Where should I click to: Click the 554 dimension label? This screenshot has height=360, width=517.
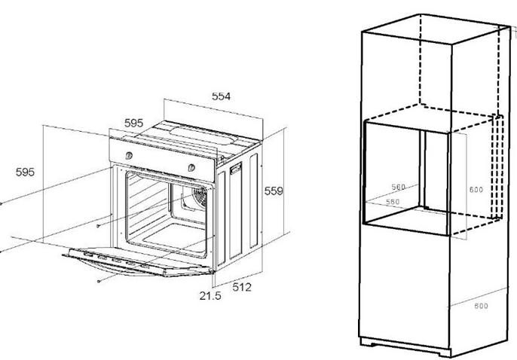pos(221,96)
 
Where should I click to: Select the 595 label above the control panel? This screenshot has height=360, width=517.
pos(134,124)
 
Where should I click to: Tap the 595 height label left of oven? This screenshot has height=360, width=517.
pos(25,172)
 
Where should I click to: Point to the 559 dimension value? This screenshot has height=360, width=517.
pos(274,191)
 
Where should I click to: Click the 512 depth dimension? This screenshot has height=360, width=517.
pos(242,287)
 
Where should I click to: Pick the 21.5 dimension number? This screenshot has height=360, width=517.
pos(210,296)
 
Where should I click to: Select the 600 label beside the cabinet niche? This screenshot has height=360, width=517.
pos(476,190)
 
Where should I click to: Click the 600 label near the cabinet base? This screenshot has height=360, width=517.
pos(481,306)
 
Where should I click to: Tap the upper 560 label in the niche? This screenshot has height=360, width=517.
pos(398,187)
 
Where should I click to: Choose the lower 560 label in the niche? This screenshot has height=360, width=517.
pos(393,202)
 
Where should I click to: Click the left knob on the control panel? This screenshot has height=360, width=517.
pos(129,155)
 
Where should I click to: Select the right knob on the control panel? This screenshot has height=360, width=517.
pos(191,168)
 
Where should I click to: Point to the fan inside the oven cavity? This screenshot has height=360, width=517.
pos(200,197)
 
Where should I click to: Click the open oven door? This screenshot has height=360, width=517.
pos(139,262)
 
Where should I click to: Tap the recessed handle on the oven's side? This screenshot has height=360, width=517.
pos(235,169)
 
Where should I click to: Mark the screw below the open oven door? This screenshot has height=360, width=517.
pos(99,281)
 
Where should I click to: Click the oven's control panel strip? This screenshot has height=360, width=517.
pos(162,159)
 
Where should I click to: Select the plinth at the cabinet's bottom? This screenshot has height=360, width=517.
pos(405,347)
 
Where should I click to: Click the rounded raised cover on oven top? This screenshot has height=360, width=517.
pos(203,136)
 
